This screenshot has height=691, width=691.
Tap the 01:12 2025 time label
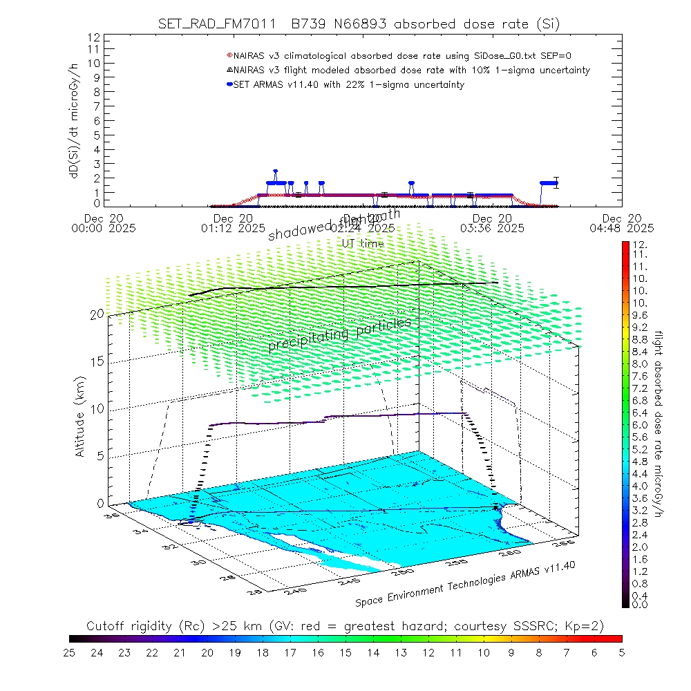(234, 227)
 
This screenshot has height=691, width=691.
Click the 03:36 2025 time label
(491, 227)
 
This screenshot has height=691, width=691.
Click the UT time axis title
(363, 243)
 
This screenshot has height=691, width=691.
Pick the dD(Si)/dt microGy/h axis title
(73, 121)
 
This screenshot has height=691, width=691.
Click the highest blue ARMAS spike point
(275, 171)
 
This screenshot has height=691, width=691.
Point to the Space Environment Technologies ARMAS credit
(466, 584)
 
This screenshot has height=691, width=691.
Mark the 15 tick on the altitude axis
(96, 361)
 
